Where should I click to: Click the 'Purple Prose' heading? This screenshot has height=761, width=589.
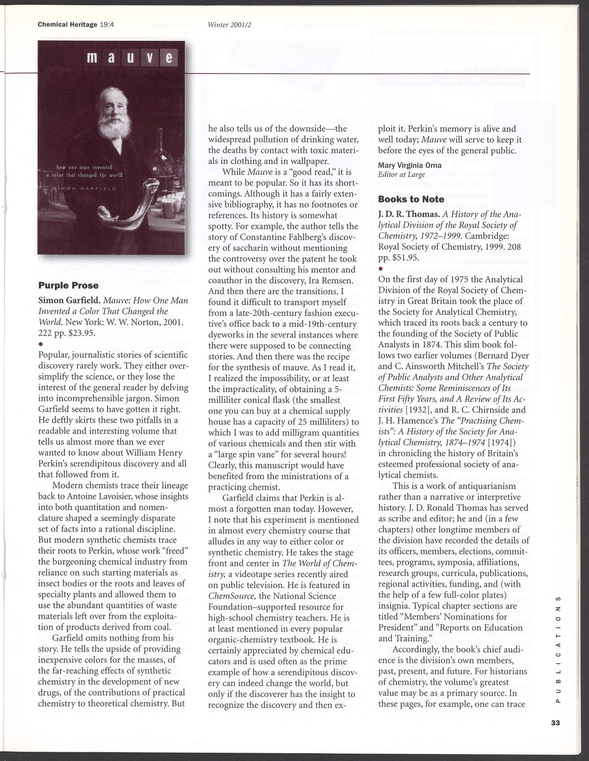[68, 285]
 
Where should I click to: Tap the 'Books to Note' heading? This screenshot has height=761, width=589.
[411, 199]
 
